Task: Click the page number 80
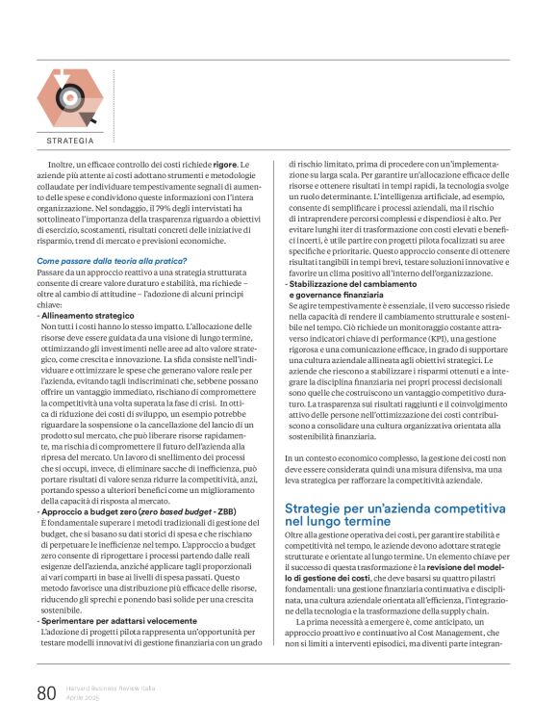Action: (x=47, y=692)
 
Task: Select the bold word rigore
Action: (x=227, y=165)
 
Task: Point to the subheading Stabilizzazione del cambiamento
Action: (x=363, y=284)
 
